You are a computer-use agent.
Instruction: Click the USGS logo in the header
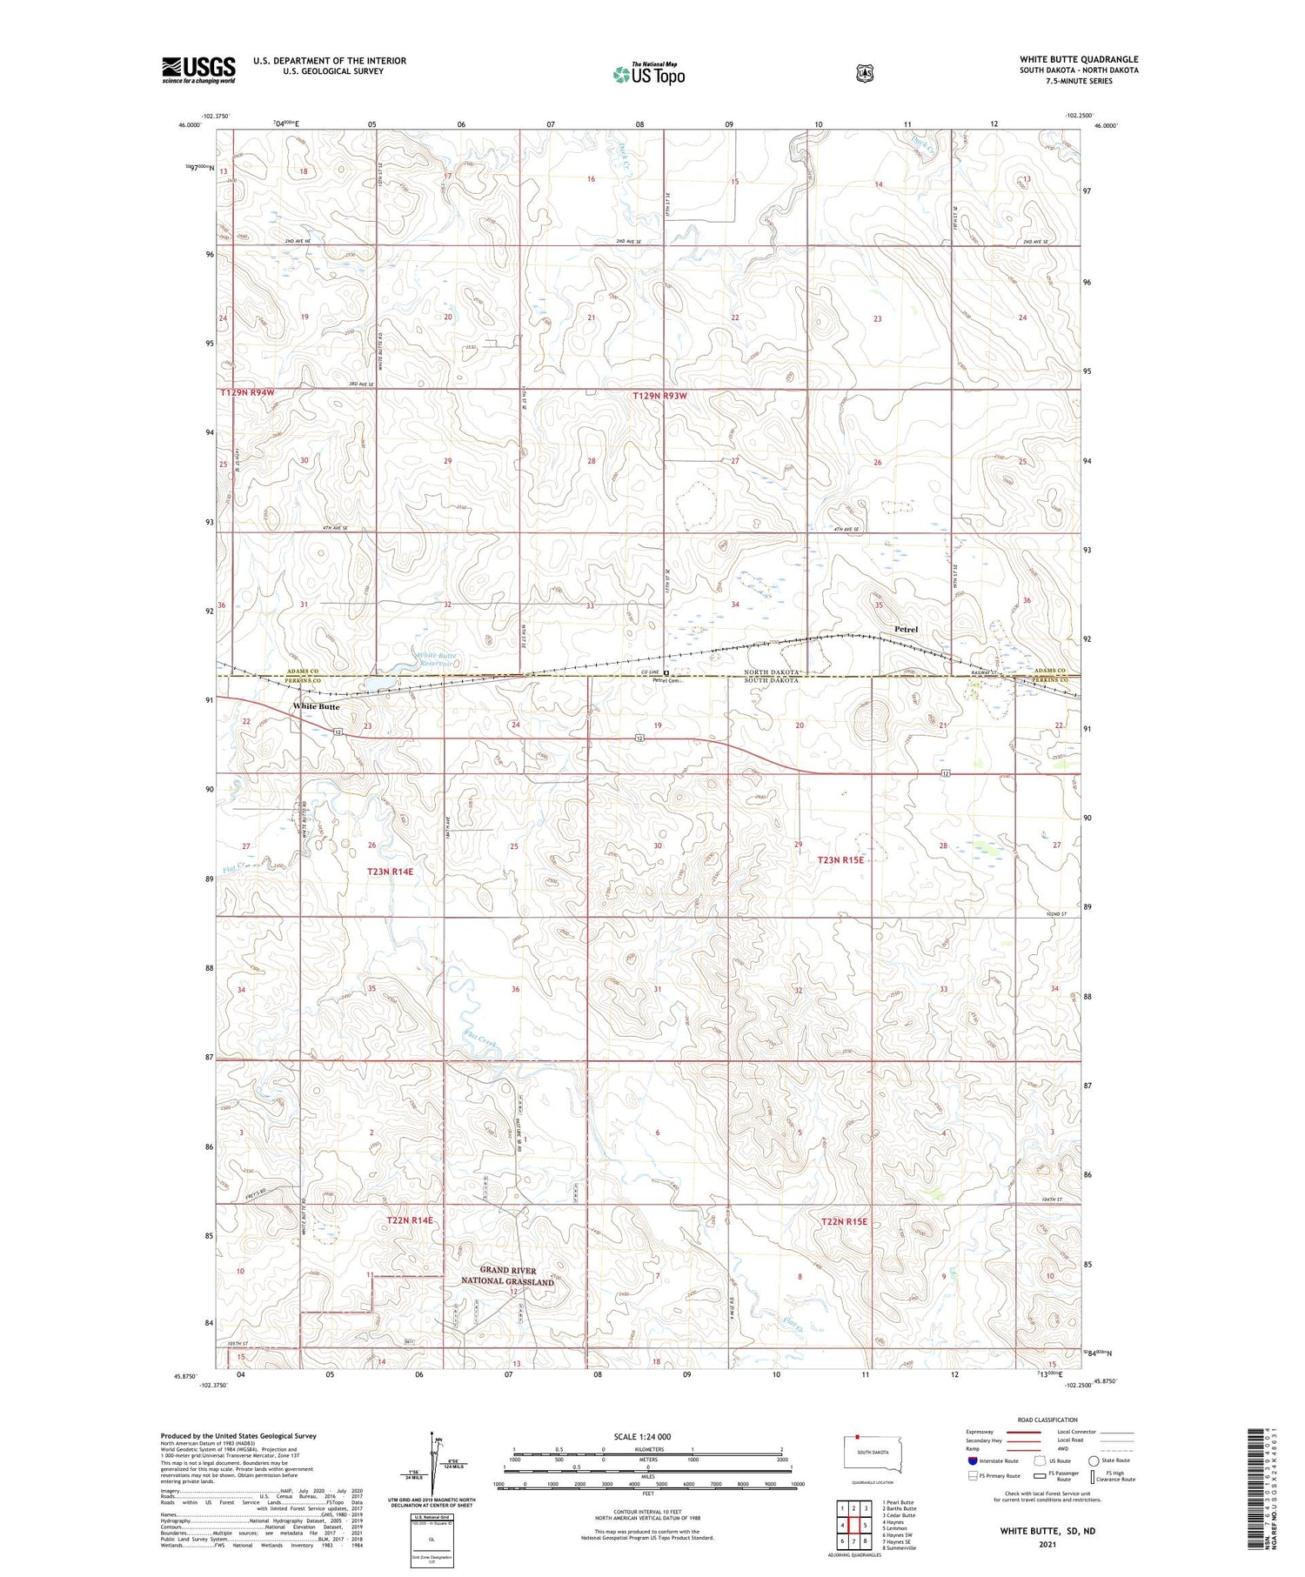tap(198, 70)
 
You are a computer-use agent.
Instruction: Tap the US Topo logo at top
tap(648, 75)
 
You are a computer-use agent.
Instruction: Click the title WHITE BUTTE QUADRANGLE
tap(1079, 59)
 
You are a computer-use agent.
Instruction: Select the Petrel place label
tap(906, 629)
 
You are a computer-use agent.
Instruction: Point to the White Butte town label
tap(316, 706)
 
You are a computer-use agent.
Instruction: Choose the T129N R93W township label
tap(666, 396)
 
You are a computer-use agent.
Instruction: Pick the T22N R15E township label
tap(845, 1222)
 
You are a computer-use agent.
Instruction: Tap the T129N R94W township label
tap(247, 393)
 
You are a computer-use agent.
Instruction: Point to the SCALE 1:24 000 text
tap(642, 1436)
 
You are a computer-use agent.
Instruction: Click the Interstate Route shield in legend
tap(972, 1460)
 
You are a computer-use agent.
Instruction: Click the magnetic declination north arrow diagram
tap(432, 1466)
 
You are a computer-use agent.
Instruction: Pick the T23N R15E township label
tap(840, 859)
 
